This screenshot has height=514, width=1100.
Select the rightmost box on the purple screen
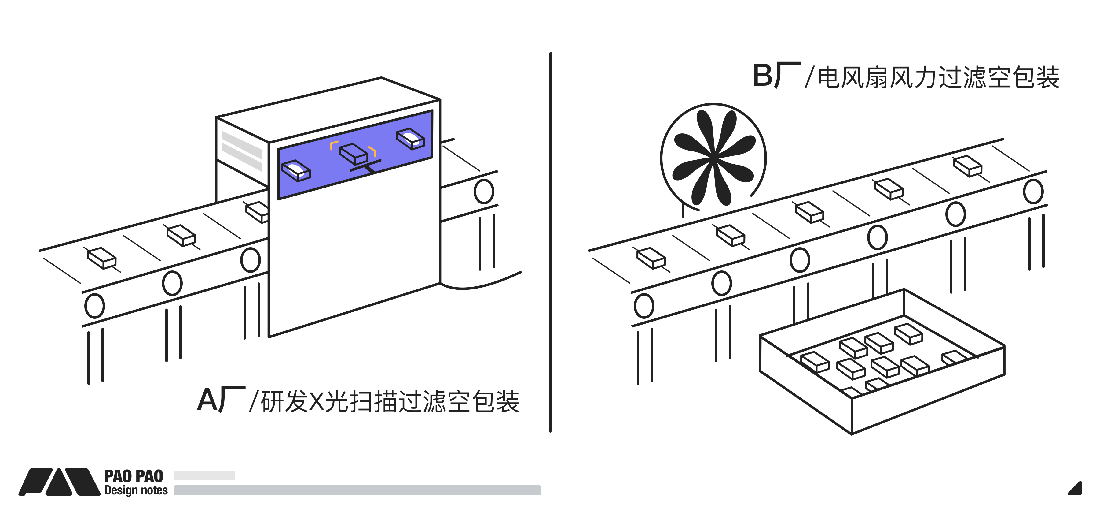(x=410, y=139)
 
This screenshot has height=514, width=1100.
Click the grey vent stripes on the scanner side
(x=242, y=151)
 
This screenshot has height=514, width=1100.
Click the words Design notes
(x=136, y=490)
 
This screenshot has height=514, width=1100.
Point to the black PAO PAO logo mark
(x=59, y=482)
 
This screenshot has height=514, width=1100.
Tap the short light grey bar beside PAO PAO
(x=204, y=475)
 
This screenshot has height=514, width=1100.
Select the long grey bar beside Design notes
(x=358, y=490)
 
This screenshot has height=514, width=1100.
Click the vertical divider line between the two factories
(x=550, y=242)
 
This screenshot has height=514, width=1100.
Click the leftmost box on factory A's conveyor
(x=102, y=258)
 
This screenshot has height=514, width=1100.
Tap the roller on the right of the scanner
(x=484, y=191)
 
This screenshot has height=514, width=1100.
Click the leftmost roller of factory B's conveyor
(x=644, y=306)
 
